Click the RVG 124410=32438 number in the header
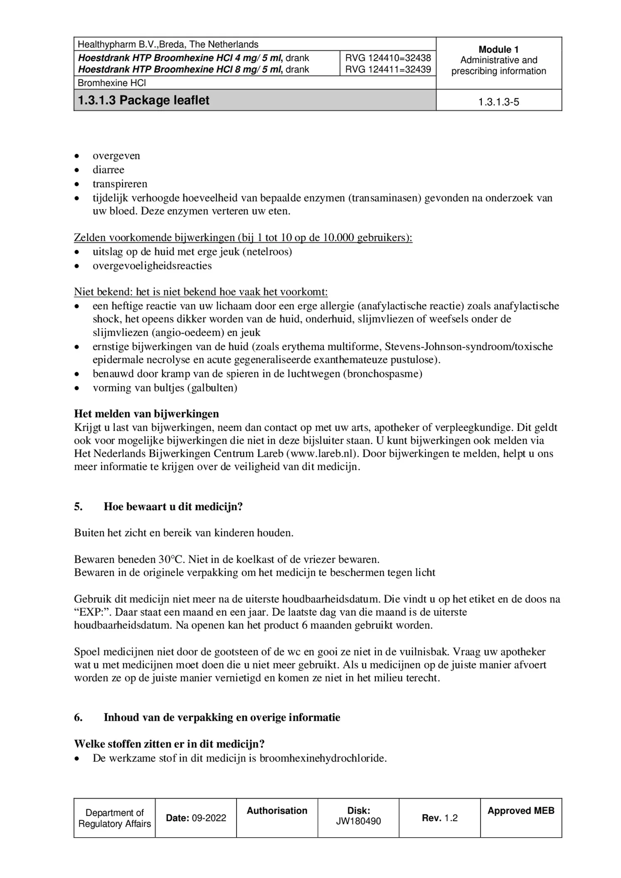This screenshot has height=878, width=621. (x=387, y=58)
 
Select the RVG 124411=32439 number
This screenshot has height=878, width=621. (x=387, y=69)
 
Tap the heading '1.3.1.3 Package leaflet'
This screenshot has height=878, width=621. (x=144, y=100)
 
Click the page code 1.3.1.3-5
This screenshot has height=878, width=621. (x=498, y=102)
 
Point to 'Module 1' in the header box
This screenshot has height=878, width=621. (x=498, y=49)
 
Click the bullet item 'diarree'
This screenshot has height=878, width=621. (x=108, y=170)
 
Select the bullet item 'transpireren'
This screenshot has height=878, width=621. (x=120, y=184)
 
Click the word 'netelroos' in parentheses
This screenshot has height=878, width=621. (x=269, y=252)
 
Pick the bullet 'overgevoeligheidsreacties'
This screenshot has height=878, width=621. (x=152, y=266)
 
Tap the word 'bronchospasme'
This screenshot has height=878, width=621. (x=382, y=373)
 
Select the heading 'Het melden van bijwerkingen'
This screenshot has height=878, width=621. (x=146, y=413)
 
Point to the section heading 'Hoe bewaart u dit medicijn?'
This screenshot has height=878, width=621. (x=173, y=507)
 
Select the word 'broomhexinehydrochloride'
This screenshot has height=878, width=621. (x=323, y=758)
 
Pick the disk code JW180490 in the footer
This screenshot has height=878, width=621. (x=358, y=821)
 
